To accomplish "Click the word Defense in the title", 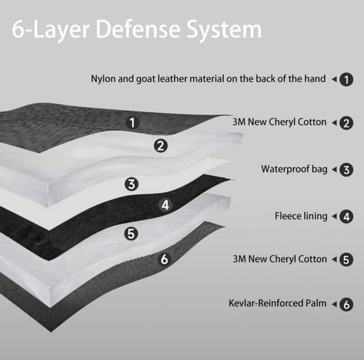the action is click(x=138, y=29).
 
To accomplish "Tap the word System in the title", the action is click(x=224, y=31).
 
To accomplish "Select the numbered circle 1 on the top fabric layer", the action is click(x=132, y=123).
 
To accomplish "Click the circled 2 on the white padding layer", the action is click(x=161, y=146).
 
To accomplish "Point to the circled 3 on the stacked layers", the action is click(x=132, y=184).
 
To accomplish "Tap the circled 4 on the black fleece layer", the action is click(x=165, y=205).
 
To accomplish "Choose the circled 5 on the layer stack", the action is click(x=131, y=233).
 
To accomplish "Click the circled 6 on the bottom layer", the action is click(x=164, y=259).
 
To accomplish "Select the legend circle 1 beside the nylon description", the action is click(x=346, y=79).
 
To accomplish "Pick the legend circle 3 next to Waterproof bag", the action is click(x=346, y=170).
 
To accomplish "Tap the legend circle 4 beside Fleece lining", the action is click(x=346, y=217).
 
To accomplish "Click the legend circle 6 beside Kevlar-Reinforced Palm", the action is click(x=346, y=304).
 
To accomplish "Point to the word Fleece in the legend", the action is click(x=288, y=216).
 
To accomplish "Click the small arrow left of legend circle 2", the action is click(x=334, y=123).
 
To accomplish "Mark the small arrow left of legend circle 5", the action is click(x=334, y=259).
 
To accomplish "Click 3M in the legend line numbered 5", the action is click(x=239, y=259).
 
